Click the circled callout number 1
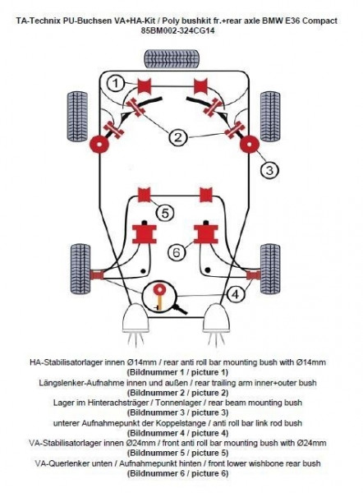pyautogui.click(x=116, y=83)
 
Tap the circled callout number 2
pyautogui.click(x=178, y=137)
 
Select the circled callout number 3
pyautogui.click(x=269, y=170)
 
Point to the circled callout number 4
pyautogui.click(x=235, y=294)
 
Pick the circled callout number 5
pyautogui.click(x=165, y=213)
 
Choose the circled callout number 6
pyautogui.click(x=177, y=252)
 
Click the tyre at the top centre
pyautogui.click(x=172, y=58)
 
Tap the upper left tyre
pyautogui.click(x=77, y=117)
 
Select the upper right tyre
pyautogui.click(x=270, y=117)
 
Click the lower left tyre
pyautogui.click(x=80, y=270)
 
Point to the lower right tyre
pyautogui.click(x=270, y=270)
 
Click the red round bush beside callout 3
pyautogui.click(x=250, y=145)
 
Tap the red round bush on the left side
pyautogui.click(x=99, y=145)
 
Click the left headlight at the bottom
pyautogui.click(x=136, y=318)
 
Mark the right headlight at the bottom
pyautogui.click(x=216, y=318)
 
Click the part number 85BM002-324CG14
pyautogui.click(x=178, y=31)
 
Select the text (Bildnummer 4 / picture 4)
pyautogui.click(x=177, y=433)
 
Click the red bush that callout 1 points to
pyautogui.click(x=145, y=86)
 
